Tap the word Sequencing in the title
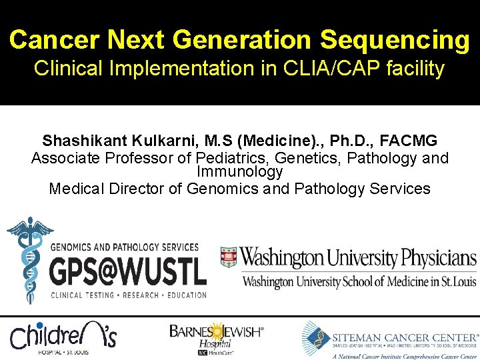(x=395, y=41)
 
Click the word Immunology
(x=239, y=172)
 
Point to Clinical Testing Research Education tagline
(x=128, y=295)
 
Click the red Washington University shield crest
(x=229, y=257)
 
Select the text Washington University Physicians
(x=358, y=257)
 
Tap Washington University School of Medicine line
(x=359, y=282)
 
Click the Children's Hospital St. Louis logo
(x=63, y=337)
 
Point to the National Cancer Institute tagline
(x=405, y=355)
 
